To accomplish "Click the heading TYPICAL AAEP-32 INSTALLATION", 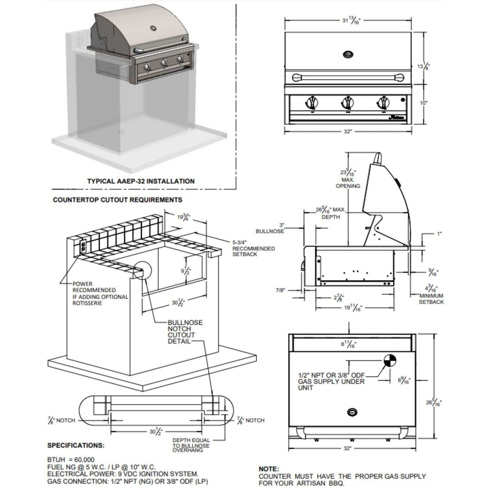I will pyautogui.click(x=141, y=181).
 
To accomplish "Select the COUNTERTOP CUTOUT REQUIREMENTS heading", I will pyautogui.click(x=118, y=200).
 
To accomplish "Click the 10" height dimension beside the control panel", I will pyautogui.click(x=423, y=103).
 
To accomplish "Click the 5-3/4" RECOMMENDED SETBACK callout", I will pyautogui.click(x=253, y=248).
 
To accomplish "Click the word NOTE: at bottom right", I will pyautogui.click(x=269, y=469).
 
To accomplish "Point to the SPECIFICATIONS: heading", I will pyautogui.click(x=76, y=445).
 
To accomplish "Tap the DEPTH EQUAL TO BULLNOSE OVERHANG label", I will pyautogui.click(x=191, y=445).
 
